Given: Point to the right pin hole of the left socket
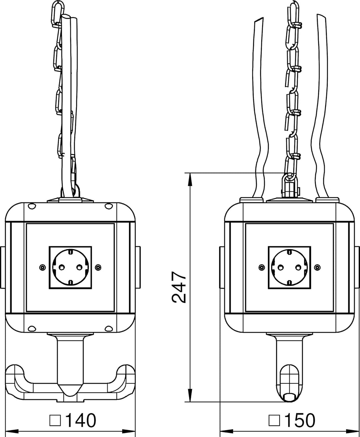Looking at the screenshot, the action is (79, 267).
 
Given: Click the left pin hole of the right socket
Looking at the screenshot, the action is (281, 267).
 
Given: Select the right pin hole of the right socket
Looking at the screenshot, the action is (298, 267).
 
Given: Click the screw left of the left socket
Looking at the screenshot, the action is (42, 267).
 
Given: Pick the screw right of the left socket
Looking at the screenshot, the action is (98, 267).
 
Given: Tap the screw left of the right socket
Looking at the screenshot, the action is (262, 267).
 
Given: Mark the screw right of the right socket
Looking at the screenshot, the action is (317, 267).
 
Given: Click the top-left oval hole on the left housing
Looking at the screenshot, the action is (32, 206).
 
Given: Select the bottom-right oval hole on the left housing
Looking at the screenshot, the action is (109, 329).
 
